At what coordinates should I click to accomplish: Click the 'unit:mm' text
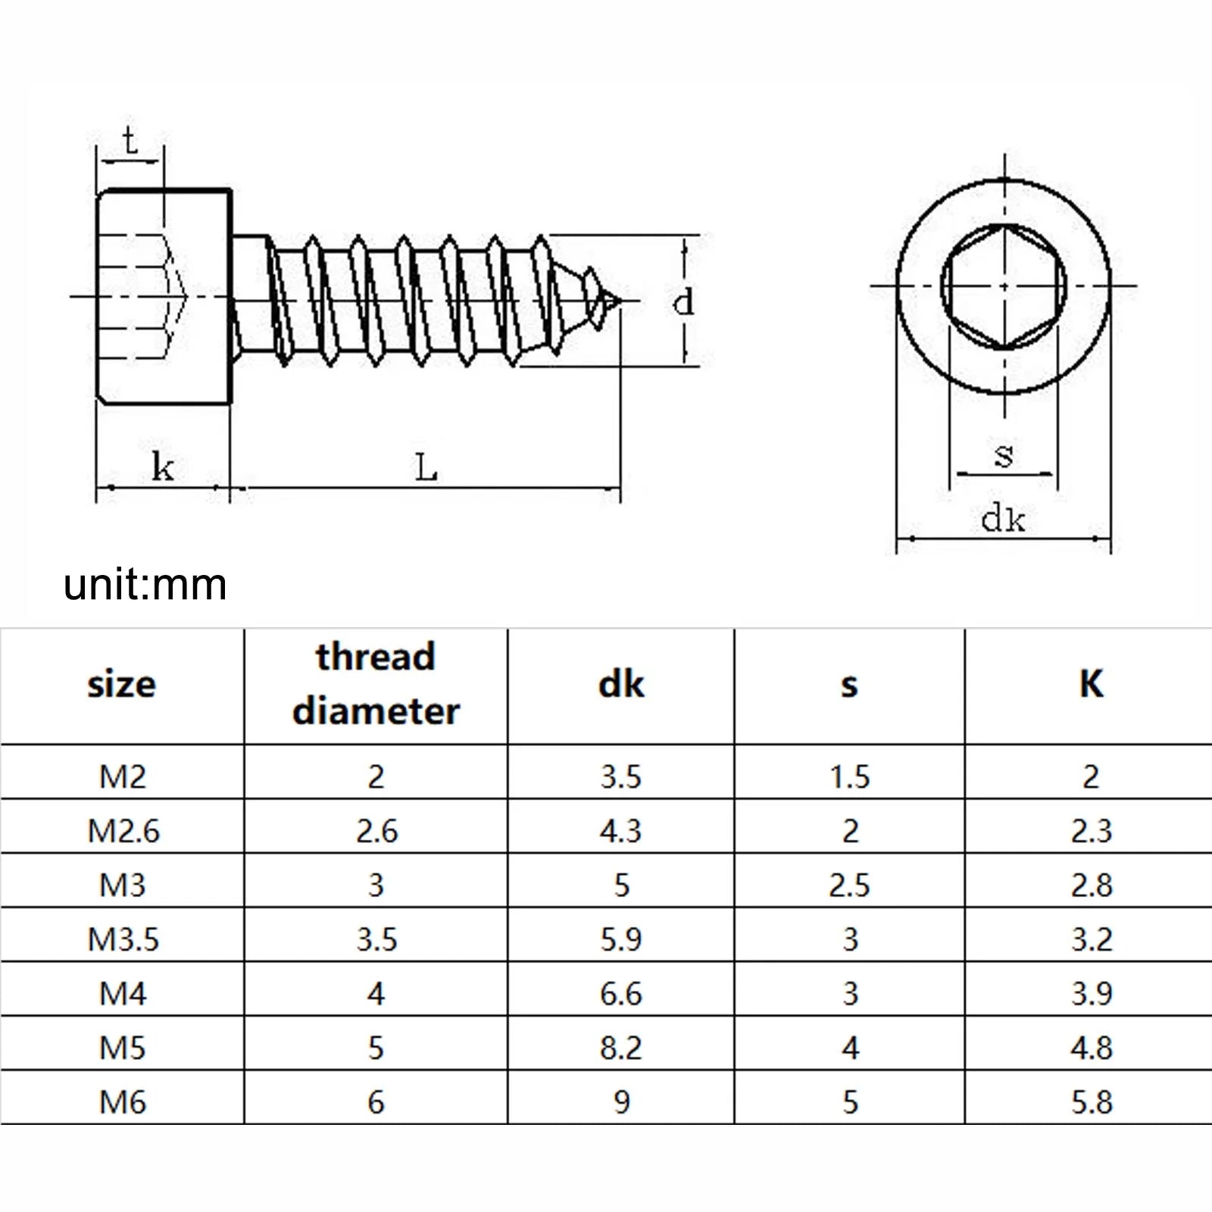coord(145,585)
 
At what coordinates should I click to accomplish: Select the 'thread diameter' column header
coord(376,684)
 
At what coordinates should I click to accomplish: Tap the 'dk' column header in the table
coord(621,685)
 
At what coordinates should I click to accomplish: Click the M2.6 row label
coord(123,831)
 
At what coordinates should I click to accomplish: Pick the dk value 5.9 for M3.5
coord(621,939)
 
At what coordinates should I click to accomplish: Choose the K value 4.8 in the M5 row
coord(1092,1048)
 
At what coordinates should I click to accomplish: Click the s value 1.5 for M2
coord(850,777)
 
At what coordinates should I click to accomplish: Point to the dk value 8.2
coord(621,1048)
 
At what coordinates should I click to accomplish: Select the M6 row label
coord(123,1102)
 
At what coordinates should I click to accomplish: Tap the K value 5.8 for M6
coord(1092,1102)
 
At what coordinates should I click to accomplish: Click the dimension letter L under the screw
coord(426,467)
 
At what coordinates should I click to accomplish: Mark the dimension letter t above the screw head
coord(130,141)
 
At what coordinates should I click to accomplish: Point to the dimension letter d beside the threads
coord(683,301)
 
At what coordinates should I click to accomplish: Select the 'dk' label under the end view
coord(1003,520)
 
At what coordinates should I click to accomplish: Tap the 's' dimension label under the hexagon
coord(1004,456)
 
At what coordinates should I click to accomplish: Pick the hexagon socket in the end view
coord(1004,286)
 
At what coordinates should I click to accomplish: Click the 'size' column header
coord(122,685)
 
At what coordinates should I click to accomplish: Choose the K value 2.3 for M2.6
coord(1092,831)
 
